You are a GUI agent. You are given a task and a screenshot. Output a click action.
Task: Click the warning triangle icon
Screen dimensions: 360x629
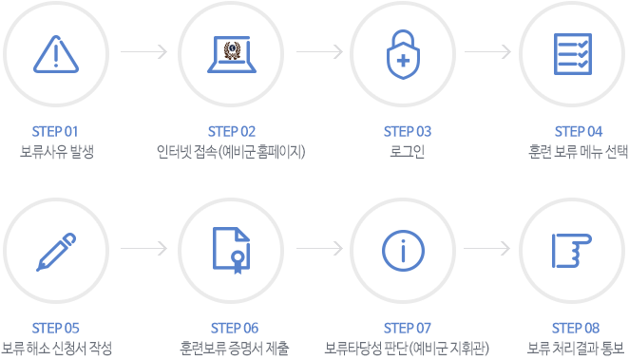click(x=57, y=52)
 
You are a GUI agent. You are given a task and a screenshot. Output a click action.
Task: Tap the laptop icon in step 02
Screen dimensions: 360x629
click(x=231, y=52)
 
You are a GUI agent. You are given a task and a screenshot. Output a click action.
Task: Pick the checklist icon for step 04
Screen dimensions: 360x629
click(x=578, y=52)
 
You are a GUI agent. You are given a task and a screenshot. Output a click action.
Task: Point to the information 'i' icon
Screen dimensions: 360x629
click(x=406, y=250)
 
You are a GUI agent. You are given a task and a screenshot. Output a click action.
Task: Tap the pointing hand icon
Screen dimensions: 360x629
click(x=578, y=250)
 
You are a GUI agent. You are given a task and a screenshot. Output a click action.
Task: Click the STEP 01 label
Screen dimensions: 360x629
click(x=57, y=131)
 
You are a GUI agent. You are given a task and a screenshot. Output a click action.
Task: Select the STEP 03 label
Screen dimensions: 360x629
click(x=408, y=131)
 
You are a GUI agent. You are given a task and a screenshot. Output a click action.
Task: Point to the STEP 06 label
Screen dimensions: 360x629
click(x=233, y=329)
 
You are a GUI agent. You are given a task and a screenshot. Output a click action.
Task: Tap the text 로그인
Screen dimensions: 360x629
click(x=408, y=151)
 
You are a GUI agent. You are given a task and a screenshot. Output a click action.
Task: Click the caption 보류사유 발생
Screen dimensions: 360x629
click(x=57, y=151)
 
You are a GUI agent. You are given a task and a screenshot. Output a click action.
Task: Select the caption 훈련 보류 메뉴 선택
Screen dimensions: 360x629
click(x=578, y=151)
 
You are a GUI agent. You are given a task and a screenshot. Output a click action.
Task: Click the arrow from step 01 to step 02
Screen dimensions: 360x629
click(x=144, y=50)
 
